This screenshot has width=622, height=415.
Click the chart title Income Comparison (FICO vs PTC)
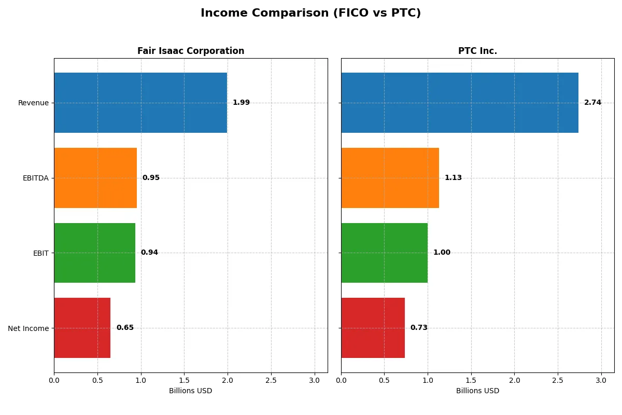310,13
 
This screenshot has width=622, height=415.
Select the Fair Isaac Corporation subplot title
191,51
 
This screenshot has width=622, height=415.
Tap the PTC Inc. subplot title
477,51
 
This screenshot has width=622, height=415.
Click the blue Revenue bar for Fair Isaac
140,103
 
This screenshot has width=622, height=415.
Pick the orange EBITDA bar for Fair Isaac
95,178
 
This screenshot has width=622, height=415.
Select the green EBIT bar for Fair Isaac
94,253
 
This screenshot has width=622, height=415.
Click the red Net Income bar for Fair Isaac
82,328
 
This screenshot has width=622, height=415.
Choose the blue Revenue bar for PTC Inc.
460,103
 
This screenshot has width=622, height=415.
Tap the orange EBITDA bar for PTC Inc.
390,178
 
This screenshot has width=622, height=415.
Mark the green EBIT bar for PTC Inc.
384,253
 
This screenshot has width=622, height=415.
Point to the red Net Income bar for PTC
373,328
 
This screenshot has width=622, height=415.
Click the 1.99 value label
241,103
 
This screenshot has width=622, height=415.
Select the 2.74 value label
592,103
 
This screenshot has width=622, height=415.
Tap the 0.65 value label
125,328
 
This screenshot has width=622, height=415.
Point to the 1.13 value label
453,178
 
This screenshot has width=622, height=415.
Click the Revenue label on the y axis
33,103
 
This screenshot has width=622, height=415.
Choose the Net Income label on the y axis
29,328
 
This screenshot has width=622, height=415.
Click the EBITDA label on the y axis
35,178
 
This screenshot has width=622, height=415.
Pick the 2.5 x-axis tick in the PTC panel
558,381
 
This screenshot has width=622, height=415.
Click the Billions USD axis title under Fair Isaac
190,391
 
